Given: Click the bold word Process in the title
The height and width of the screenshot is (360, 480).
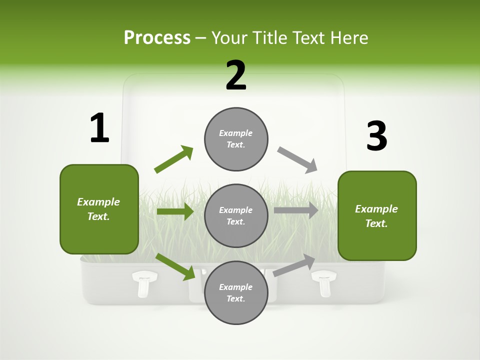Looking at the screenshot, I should point(157,37).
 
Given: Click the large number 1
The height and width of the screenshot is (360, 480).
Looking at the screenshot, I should point(99,128).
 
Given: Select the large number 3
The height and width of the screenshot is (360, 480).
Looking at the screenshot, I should point(376,136).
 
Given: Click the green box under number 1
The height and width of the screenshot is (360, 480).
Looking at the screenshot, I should point(99,209).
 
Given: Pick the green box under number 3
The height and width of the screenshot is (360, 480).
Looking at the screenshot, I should point(377,215).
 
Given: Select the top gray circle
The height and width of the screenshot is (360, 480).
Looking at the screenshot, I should point(236,139).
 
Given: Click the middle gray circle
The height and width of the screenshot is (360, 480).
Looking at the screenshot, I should point(236,215).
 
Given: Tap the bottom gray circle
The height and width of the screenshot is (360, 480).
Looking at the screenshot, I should point(236,292).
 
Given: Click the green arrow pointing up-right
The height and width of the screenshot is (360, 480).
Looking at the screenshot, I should point(174,159).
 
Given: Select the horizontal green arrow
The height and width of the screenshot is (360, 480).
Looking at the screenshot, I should point(175,211).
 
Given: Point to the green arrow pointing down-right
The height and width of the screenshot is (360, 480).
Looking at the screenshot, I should point(175,266).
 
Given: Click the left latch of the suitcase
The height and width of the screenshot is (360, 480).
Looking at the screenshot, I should point(144,282).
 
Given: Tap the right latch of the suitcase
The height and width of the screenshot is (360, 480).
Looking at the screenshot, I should point(324,282).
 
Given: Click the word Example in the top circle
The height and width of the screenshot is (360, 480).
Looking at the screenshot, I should point(235,133).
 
